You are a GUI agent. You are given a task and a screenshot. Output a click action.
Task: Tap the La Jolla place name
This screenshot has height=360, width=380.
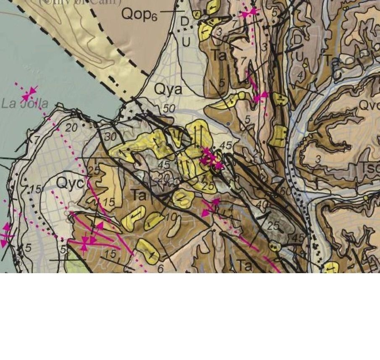point(25,104)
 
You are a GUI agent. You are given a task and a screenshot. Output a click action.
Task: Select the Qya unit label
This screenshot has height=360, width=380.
point(168,89)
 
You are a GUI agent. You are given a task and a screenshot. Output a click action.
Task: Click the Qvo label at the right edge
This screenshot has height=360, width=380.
point(369,106)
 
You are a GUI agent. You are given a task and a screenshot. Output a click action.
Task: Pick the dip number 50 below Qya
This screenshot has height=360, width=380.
point(169,109)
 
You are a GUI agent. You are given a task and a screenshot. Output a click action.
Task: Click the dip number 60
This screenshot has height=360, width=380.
point(286,191)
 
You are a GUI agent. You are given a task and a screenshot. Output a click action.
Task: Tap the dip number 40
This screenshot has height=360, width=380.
point(262,206)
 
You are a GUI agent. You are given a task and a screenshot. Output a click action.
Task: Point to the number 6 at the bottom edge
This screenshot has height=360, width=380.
point(160,269)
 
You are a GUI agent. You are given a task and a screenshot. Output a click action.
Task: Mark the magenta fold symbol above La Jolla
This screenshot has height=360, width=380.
point(29,93)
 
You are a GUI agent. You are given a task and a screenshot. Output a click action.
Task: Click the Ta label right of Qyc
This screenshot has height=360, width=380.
point(139,195)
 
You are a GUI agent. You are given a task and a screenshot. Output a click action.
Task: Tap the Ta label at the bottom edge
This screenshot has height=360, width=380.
point(245,265)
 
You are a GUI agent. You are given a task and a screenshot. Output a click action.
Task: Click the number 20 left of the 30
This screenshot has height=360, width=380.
point(71,128)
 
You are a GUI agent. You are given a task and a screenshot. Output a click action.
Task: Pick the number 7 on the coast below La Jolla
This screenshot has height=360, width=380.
point(37,140)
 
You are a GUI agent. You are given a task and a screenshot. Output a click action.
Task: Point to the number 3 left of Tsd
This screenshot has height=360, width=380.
point(318,159)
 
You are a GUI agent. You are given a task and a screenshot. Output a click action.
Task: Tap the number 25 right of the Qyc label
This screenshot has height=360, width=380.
point(94,172)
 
